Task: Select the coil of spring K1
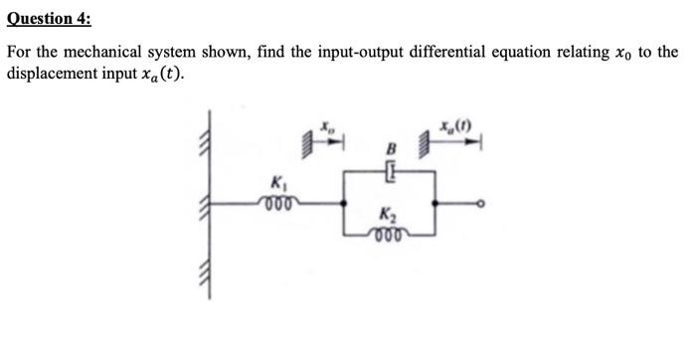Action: pyautogui.click(x=277, y=200)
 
